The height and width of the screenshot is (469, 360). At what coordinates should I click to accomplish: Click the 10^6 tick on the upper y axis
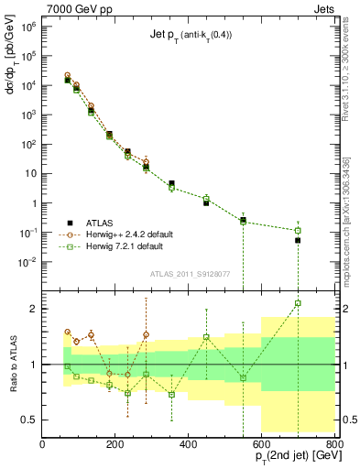click(27, 27)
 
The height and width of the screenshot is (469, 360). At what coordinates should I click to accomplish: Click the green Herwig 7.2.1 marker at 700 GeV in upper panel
click(298, 230)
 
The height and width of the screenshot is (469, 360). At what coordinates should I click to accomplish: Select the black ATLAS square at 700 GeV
click(298, 240)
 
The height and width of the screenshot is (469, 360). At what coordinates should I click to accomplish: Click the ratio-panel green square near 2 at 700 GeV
click(298, 303)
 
